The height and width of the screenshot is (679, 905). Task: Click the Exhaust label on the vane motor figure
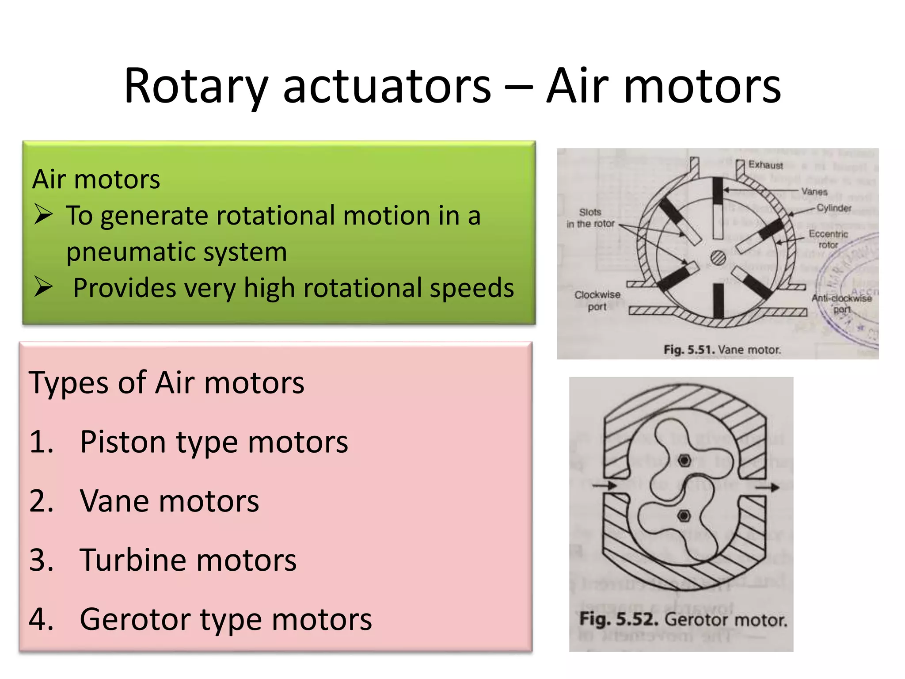pyautogui.click(x=765, y=165)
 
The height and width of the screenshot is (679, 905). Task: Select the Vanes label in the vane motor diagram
pyautogui.click(x=814, y=191)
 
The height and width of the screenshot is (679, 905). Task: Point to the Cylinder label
pyautogui.click(x=833, y=208)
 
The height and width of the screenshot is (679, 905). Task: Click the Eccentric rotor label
pyautogui.click(x=828, y=239)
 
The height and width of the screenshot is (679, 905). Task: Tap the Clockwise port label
pyautogui.click(x=597, y=300)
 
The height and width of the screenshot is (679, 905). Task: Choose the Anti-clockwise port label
pyautogui.click(x=841, y=303)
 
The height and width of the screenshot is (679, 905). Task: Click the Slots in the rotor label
pyautogui.click(x=590, y=218)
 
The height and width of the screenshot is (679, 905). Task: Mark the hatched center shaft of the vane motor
pyautogui.click(x=718, y=258)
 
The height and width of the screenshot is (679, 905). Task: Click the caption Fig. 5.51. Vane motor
pyautogui.click(x=722, y=350)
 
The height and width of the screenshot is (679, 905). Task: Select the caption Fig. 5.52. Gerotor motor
pyautogui.click(x=683, y=619)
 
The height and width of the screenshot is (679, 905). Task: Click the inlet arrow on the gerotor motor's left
pyautogui.click(x=605, y=485)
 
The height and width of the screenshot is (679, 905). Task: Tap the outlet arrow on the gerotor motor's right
pyautogui.click(x=767, y=487)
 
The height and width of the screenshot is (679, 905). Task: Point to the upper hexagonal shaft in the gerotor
pyautogui.click(x=684, y=461)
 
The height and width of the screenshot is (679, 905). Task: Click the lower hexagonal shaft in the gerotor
pyautogui.click(x=684, y=516)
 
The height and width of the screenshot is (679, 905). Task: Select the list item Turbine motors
pyautogui.click(x=188, y=560)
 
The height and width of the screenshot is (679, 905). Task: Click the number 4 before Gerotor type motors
pyautogui.click(x=41, y=619)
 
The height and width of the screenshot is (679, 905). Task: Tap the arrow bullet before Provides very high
pyautogui.click(x=44, y=287)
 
